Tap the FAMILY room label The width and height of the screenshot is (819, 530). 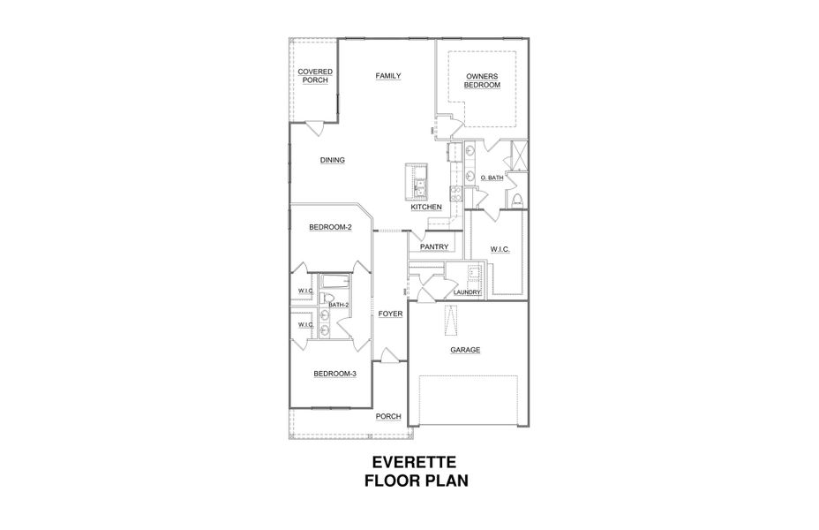388,76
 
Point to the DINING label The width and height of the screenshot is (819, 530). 332,160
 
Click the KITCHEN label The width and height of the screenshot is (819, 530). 426,207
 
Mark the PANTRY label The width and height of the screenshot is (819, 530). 436,247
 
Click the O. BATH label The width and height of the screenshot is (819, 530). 492,178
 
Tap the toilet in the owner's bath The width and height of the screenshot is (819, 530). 518,201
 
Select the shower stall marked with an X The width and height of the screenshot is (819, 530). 519,157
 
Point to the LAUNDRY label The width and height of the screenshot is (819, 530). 466,292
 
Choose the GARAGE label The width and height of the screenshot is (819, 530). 465,350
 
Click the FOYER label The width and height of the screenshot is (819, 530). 390,314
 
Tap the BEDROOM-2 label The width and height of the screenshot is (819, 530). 330,227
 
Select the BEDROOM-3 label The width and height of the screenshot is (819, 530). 334,374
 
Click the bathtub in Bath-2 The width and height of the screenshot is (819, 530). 334,283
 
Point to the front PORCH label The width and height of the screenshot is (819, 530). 388,416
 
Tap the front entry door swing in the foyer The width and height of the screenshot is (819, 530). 389,355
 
